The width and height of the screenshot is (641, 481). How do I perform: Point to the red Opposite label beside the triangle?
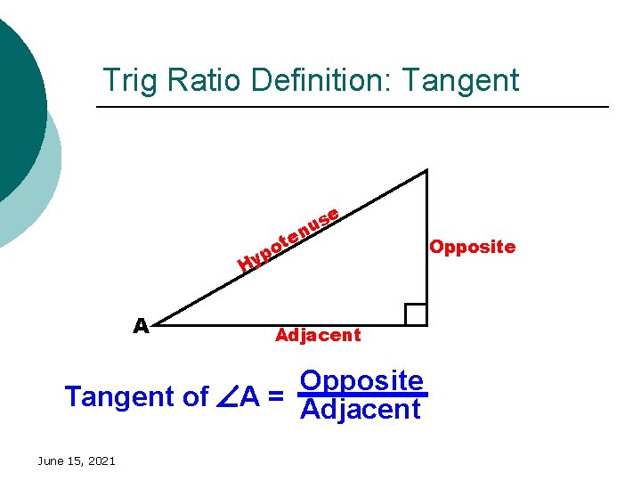pyautogui.click(x=472, y=247)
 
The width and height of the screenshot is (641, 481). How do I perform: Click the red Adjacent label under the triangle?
pyautogui.click(x=318, y=336)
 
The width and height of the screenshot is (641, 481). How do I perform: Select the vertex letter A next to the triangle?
pyautogui.click(x=141, y=326)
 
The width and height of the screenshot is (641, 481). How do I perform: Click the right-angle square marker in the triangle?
pyautogui.click(x=416, y=314)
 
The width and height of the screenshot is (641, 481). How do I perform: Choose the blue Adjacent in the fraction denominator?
pyautogui.click(x=361, y=410)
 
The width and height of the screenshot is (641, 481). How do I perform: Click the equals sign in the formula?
pyautogui.click(x=275, y=396)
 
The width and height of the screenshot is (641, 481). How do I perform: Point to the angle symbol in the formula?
pyautogui.click(x=224, y=397)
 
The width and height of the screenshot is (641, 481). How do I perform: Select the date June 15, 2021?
pyautogui.click(x=76, y=461)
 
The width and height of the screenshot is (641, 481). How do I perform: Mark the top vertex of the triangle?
pyautogui.click(x=426, y=171)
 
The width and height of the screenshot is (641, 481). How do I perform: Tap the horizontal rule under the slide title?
pyautogui.click(x=352, y=108)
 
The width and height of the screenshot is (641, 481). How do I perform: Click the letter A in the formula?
pyautogui.click(x=248, y=396)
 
